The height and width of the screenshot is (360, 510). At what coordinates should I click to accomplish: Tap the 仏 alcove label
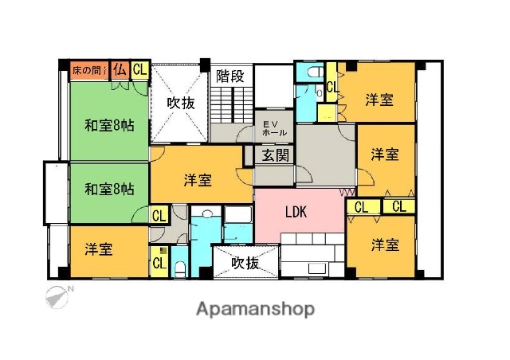120,70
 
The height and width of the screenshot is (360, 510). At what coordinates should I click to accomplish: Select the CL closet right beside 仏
139,70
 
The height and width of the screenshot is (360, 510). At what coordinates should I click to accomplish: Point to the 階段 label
230,77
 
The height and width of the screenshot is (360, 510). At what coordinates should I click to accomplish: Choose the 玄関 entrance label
271,155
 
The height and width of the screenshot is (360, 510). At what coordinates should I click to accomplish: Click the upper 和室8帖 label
109,124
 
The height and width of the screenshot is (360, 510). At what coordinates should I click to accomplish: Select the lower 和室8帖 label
109,189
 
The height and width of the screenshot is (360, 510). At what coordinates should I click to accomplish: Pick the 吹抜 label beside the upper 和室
181,103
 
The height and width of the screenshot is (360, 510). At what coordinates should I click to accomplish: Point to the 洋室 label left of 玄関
197,180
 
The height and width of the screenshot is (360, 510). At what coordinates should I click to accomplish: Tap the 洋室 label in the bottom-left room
99,249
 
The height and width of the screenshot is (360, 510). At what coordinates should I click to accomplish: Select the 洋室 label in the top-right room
379,100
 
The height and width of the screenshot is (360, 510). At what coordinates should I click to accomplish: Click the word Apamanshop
255,309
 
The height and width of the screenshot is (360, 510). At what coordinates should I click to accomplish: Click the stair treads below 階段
231,104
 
